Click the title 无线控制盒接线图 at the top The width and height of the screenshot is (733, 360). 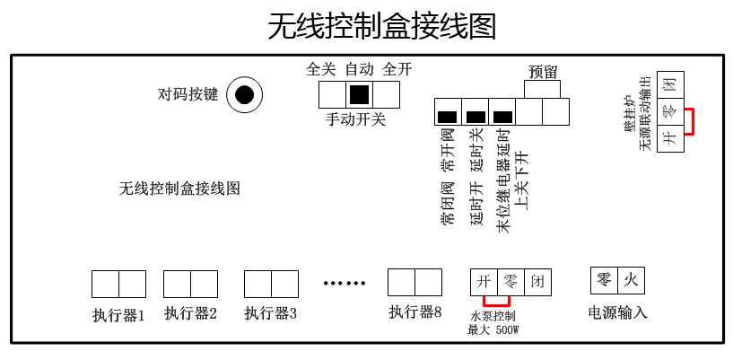tap(382, 26)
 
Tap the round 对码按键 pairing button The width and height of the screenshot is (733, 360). tap(244, 94)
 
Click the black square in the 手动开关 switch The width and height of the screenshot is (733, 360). tap(360, 94)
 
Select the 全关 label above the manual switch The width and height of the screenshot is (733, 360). tap(320, 69)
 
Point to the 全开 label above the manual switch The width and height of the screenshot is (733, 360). tap(397, 69)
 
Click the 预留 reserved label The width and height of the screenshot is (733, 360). tap(543, 72)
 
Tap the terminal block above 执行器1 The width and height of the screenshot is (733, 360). tap(118, 284)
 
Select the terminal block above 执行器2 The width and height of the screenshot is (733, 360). tap(190, 284)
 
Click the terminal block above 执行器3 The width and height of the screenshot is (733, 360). tap(271, 284)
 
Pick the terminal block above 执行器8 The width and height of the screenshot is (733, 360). tap(414, 282)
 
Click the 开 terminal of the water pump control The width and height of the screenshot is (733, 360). tap(484, 282)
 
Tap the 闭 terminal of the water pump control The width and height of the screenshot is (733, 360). tap(537, 282)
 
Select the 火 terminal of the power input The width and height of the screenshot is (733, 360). tap(631, 280)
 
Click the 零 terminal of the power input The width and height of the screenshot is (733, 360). tap(604, 280)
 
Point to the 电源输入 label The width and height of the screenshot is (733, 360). tap(617, 312)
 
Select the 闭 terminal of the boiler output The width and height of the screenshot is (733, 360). tap(669, 85)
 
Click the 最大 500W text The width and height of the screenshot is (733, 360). tap(493, 329)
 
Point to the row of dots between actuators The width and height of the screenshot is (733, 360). tap(345, 284)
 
